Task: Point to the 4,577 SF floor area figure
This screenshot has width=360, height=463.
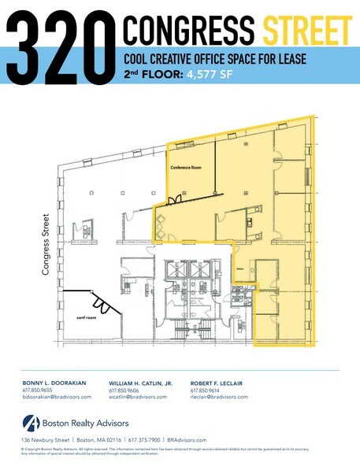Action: [x=208, y=76]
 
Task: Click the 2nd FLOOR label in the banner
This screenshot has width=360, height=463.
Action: [x=151, y=76]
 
